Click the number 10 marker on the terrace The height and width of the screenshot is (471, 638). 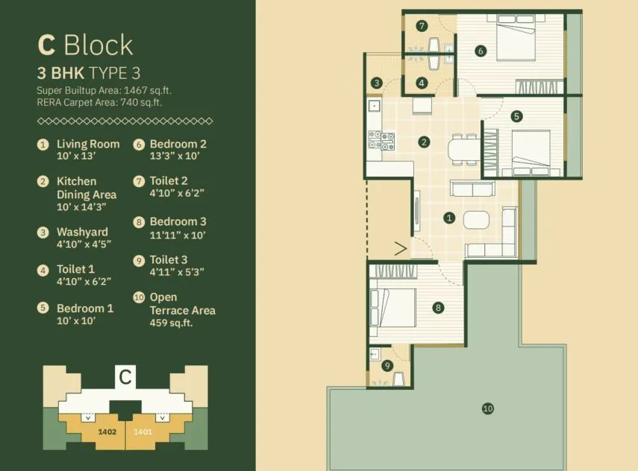(x=487, y=408)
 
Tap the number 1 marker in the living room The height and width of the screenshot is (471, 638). (x=449, y=218)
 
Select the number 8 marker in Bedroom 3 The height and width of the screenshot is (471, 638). (x=438, y=306)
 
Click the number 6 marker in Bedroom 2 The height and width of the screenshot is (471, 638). (x=481, y=51)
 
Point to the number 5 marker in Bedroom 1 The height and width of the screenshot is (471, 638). (x=516, y=116)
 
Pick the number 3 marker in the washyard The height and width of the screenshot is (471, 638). (x=378, y=83)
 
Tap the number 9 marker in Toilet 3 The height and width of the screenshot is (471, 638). (x=387, y=365)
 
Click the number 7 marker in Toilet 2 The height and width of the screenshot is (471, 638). (x=422, y=26)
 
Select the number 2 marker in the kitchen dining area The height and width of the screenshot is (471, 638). (x=424, y=142)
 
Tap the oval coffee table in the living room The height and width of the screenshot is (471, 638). (x=475, y=220)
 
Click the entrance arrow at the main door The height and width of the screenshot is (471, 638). (x=400, y=248)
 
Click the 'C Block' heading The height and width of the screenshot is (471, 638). (x=85, y=45)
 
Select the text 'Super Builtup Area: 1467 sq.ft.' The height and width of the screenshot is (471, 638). (x=104, y=90)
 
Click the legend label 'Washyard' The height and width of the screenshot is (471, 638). (x=82, y=232)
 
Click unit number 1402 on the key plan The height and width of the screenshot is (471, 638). (x=107, y=431)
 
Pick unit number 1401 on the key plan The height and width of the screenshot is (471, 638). (x=142, y=431)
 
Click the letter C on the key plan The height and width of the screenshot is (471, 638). (x=125, y=377)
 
